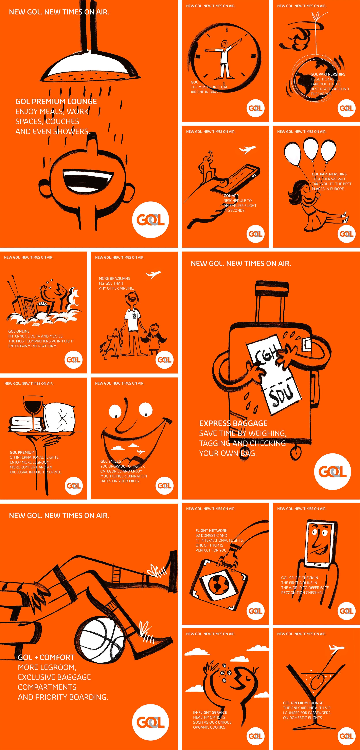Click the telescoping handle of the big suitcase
click(x=272, y=300)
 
